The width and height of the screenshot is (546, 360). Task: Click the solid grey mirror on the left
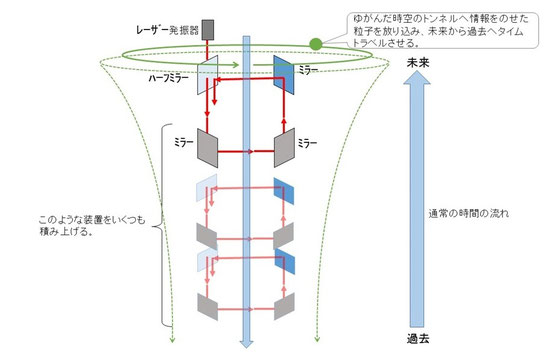(x=208, y=145)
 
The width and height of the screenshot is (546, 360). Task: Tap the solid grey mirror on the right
(x=286, y=145)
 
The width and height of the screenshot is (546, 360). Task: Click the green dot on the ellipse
(x=315, y=44)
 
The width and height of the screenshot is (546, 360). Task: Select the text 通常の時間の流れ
(x=466, y=212)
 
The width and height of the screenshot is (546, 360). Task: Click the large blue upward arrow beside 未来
(x=419, y=200)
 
